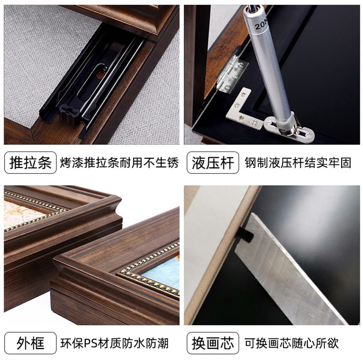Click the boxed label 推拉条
(30, 162)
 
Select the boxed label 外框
(30, 343)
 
